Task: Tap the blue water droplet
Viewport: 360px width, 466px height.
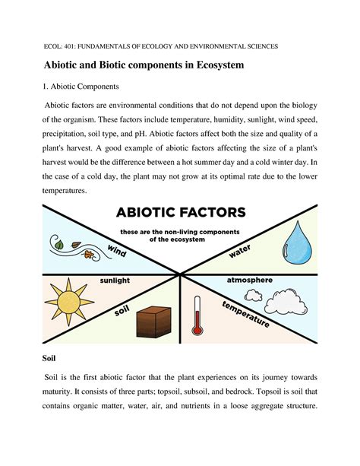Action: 298,245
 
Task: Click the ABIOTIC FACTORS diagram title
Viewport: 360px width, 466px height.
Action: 180,211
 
